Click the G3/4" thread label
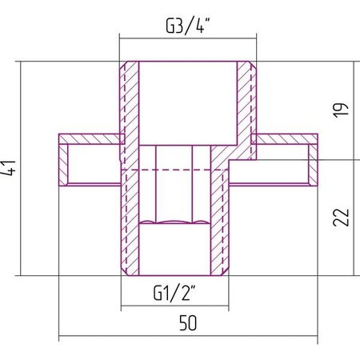tap(188, 26)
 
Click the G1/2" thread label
tap(174, 293)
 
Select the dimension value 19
tap(341, 110)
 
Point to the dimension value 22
tap(341, 218)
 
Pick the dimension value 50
tap(188, 322)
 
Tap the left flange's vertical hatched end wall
tap(63, 165)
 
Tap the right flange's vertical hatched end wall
tap(313, 165)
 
